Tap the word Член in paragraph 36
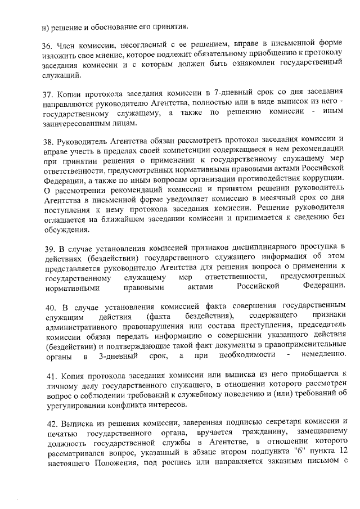[x=70, y=44]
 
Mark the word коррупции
[x=323, y=178]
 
